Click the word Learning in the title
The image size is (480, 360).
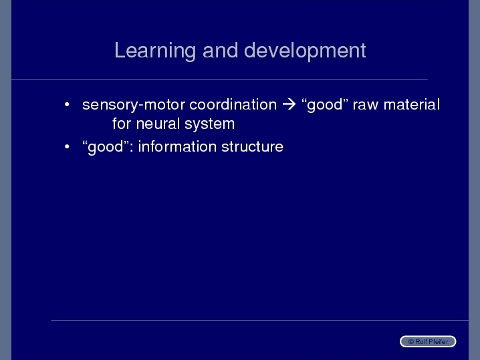coord(155,51)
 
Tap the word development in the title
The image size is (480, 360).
coord(305,51)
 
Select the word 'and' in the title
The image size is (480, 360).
coord(220,51)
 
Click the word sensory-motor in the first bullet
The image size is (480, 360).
coord(134,106)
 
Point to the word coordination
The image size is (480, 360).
coord(233,105)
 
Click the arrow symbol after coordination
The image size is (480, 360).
coord(289,105)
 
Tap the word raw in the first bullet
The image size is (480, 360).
coord(366,106)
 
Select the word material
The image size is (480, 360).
coord(412,105)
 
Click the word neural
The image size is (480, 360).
coord(158,124)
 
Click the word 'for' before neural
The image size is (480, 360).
coord(122,124)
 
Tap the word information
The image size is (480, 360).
coord(178,146)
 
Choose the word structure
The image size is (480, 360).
coord(252,147)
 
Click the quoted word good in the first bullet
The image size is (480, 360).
coord(325,106)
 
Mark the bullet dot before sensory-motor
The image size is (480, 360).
coord(67,105)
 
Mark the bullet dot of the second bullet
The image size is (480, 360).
coord(67,147)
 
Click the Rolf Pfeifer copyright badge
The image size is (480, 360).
coord(428,341)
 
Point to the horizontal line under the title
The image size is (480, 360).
coord(219,80)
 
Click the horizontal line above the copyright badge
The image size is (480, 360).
coord(259,320)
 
